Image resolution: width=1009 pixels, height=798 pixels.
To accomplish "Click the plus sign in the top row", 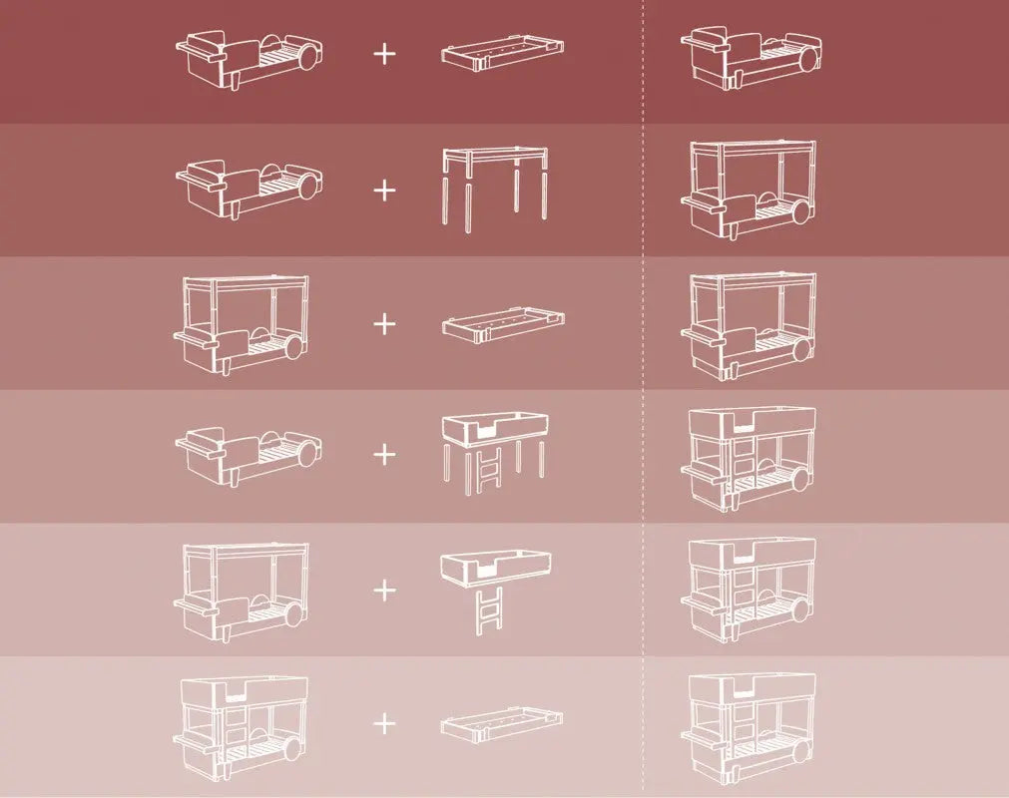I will (x=384, y=54).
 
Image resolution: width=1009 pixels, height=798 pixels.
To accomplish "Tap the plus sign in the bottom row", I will (x=384, y=723).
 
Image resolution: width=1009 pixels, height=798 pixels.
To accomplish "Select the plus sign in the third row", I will (x=384, y=323).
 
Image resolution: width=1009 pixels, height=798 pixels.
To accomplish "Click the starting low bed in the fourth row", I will (x=247, y=457).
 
